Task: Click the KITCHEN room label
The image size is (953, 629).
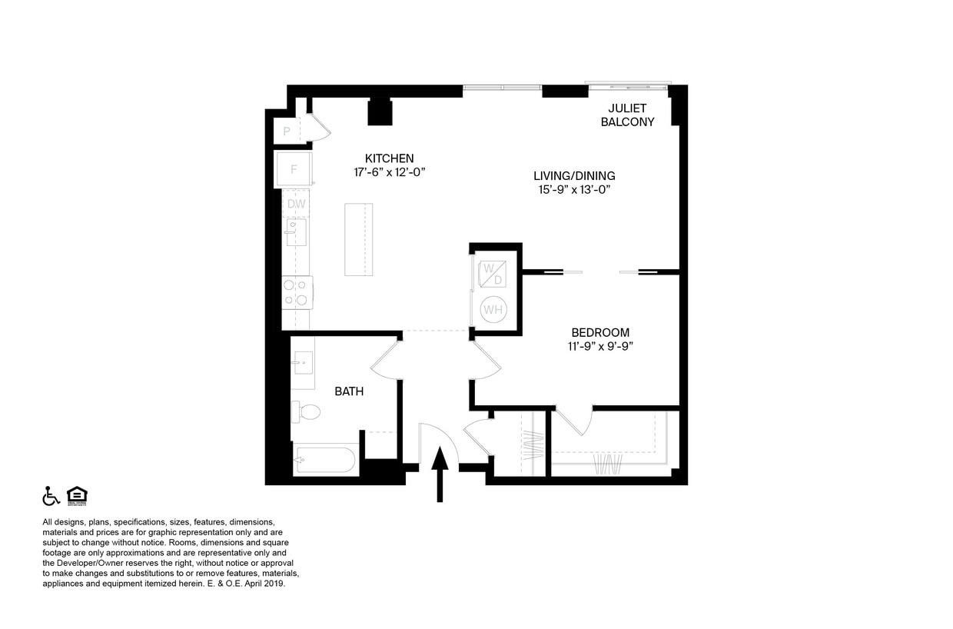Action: point(389,158)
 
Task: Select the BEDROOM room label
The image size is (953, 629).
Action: point(600,332)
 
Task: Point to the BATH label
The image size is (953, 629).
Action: point(349,391)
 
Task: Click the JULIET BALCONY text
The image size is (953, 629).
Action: point(627,115)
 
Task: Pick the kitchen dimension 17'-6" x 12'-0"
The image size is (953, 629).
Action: point(389,172)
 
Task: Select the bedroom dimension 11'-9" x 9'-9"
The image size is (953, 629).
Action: point(600,346)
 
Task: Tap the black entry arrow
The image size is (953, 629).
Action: point(440,474)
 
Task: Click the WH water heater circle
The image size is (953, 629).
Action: point(493,310)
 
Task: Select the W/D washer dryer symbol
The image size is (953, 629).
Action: point(492,274)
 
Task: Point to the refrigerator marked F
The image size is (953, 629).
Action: point(294,169)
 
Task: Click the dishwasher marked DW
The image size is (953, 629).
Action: point(297,204)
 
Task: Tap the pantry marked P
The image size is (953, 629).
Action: point(287,131)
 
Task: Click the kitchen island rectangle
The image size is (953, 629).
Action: point(358,239)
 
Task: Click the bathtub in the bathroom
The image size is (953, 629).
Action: point(326,461)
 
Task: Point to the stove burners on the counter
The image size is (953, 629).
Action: point(296,292)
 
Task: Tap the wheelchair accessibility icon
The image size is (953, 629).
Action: point(51,496)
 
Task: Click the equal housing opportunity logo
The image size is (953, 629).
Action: point(77,496)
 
